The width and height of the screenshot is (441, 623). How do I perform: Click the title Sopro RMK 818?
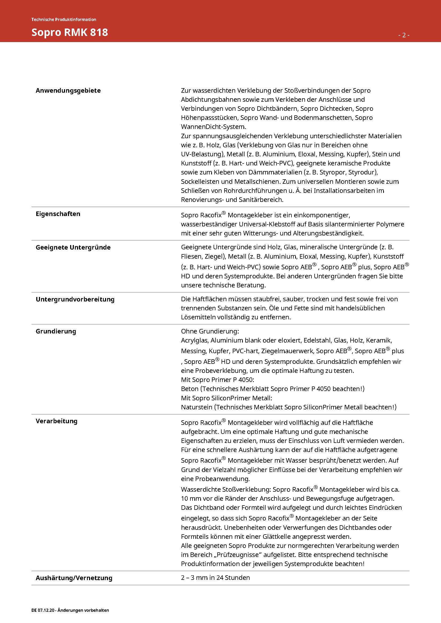tap(70, 32)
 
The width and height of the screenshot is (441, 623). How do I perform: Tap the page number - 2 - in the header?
tap(404, 35)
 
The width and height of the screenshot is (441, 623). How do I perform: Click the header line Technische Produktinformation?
tap(63, 19)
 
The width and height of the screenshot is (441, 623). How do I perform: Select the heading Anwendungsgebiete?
tap(68, 91)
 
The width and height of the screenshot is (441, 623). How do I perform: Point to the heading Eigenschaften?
tap(58, 214)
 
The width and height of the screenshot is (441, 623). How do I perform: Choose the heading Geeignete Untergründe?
tap(73, 247)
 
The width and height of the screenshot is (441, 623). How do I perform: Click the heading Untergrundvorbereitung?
tap(75, 299)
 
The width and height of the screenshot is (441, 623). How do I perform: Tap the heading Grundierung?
tap(56, 331)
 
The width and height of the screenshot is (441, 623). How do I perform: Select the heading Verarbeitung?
tap(57, 421)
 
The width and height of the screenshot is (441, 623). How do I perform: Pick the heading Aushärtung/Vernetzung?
tap(74, 578)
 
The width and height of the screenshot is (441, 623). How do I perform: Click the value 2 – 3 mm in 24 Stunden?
tap(215, 577)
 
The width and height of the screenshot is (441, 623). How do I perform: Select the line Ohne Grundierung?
tap(210, 331)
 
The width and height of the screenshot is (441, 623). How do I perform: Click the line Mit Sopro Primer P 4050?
tap(217, 380)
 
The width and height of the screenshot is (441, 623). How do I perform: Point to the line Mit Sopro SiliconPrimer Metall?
tap(226, 398)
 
